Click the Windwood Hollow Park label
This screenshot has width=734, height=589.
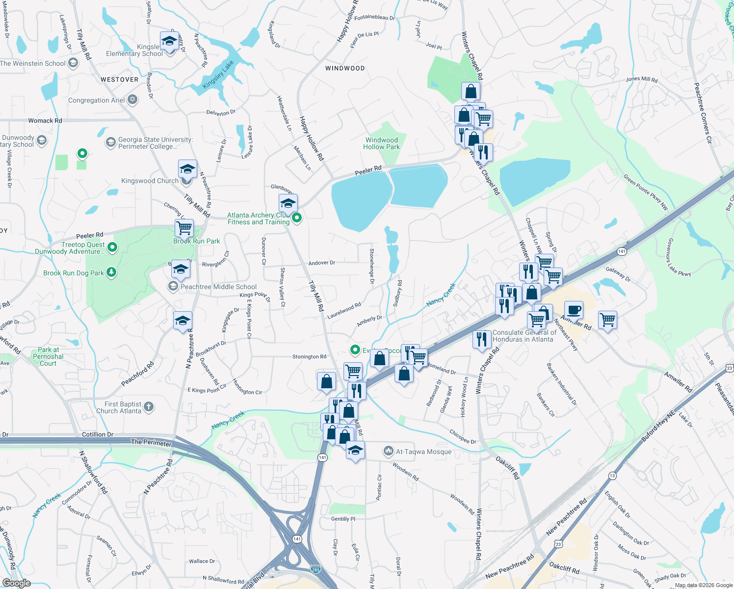pyautogui.click(x=381, y=143)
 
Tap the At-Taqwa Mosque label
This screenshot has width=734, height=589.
pyautogui.click(x=423, y=452)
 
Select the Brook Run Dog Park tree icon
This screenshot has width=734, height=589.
pyautogui.click(x=111, y=272)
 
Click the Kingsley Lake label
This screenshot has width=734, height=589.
pyautogui.click(x=218, y=75)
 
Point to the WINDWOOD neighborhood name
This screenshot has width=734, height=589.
pyautogui.click(x=345, y=68)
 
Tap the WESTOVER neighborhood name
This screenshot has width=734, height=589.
pyautogui.click(x=119, y=80)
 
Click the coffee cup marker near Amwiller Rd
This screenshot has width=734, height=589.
pyautogui.click(x=574, y=310)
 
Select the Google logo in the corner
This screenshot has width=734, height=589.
pyautogui.click(x=16, y=583)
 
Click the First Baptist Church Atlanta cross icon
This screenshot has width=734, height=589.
pyautogui.click(x=149, y=407)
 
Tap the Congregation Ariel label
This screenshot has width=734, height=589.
pyautogui.click(x=97, y=100)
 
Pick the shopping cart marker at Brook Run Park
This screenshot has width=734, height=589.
pyautogui.click(x=184, y=228)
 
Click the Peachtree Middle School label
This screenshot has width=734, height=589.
pyautogui.click(x=218, y=287)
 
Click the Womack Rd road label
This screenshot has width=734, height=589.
pyautogui.click(x=45, y=120)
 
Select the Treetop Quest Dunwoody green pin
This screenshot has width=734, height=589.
pyautogui.click(x=112, y=247)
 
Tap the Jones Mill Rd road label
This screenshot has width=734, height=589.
pyautogui.click(x=641, y=79)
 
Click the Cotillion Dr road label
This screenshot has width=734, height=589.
pyautogui.click(x=98, y=434)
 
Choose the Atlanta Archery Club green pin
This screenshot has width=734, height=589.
pyautogui.click(x=296, y=218)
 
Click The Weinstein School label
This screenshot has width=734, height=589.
pyautogui.click(x=33, y=63)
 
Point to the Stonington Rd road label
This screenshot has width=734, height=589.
pyautogui.click(x=309, y=357)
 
